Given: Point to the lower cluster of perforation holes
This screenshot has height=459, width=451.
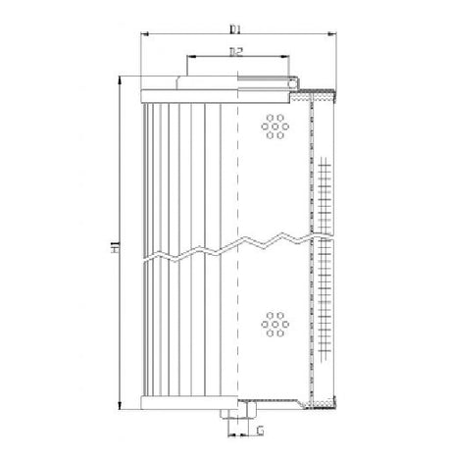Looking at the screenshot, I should click(274, 324).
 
